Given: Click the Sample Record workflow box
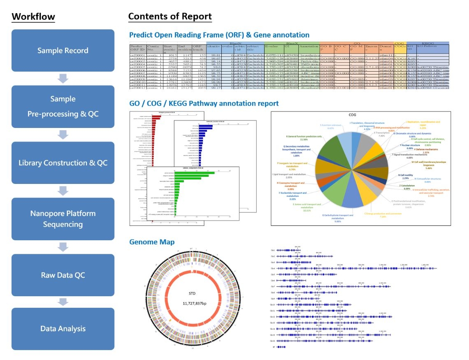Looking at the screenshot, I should [63, 51].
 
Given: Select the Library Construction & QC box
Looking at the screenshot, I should [63, 163].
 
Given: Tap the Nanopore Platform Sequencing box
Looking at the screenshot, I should [63, 219].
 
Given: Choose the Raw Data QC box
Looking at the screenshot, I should [63, 275].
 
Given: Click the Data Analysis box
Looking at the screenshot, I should [63, 329].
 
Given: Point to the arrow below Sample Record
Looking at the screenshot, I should [63, 78].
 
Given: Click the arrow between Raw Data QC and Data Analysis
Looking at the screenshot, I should [63, 302].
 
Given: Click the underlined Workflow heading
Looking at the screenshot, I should [33, 17].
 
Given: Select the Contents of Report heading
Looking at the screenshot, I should [170, 17].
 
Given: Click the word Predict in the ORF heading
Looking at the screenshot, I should [141, 35].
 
